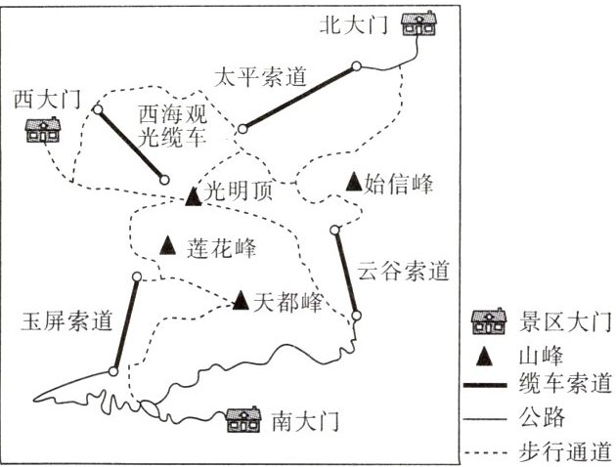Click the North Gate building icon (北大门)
point(420,23)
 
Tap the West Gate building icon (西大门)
point(42,129)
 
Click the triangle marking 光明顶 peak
point(193,196)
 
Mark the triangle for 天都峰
point(241,300)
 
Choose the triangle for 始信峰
point(353,181)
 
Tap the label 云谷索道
point(403,268)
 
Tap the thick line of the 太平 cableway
point(299,97)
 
